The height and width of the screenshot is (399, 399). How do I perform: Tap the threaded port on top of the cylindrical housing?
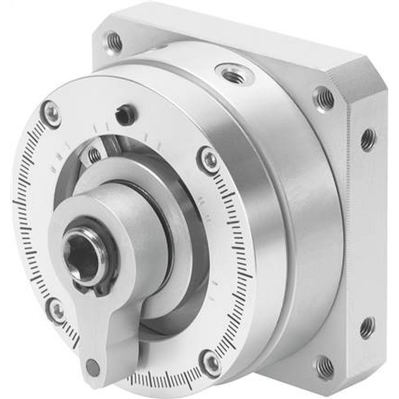tap(231, 73)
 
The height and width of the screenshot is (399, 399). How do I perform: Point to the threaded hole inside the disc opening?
tap(95, 154)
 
